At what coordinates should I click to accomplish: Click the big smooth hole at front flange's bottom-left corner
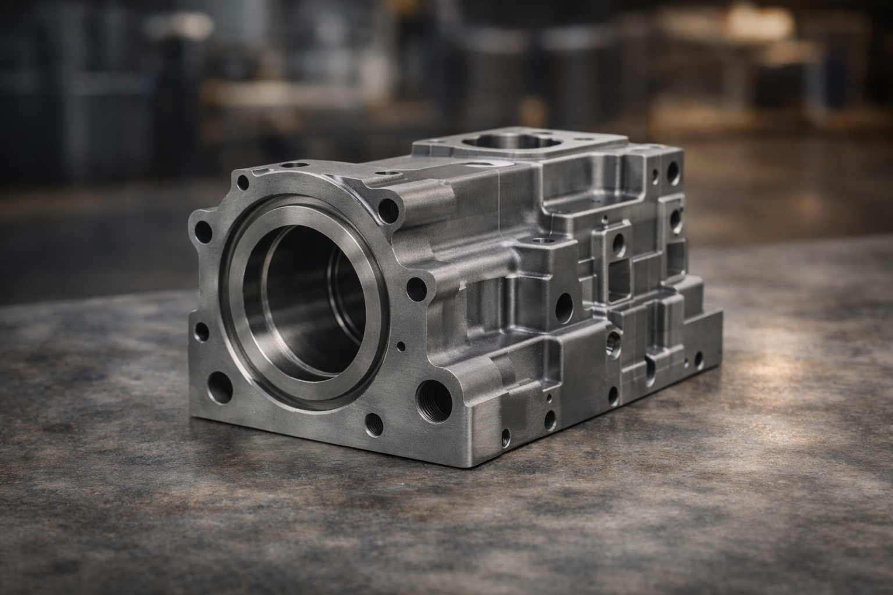click(220, 383)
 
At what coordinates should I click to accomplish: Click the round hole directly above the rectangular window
click(619, 245)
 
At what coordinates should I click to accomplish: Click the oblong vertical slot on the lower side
click(650, 366)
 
